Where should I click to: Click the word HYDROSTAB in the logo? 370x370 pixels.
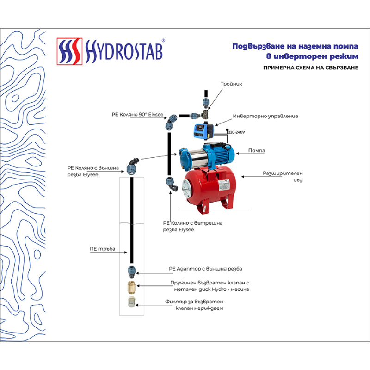click(122, 52)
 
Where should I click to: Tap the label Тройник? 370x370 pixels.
click(231, 84)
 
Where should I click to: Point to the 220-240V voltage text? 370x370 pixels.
click(236, 132)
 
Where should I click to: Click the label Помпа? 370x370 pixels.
click(256, 151)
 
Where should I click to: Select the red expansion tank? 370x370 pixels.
click(208, 185)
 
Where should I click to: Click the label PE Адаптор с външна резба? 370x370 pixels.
click(206, 268)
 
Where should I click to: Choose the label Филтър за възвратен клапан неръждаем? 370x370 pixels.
click(197, 304)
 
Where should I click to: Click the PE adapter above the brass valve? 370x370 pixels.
click(131, 271)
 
